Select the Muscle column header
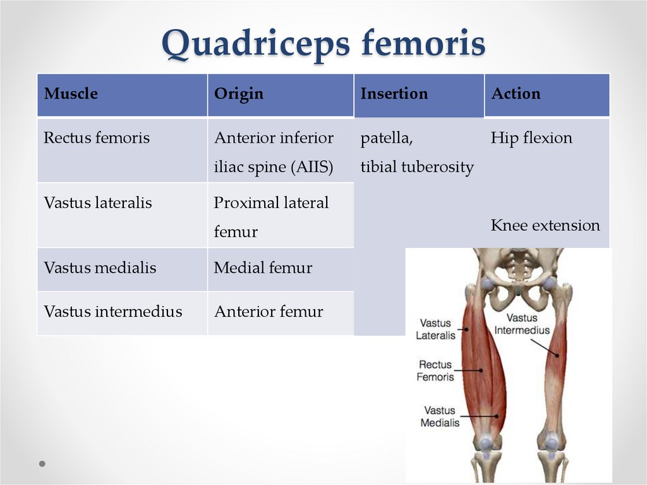(71, 94)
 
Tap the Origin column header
(238, 94)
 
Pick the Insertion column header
(394, 94)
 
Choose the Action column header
(516, 94)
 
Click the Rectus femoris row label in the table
(97, 138)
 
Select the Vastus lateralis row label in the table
(98, 203)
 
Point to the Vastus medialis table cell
(100, 267)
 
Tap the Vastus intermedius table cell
(112, 312)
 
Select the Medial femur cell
(263, 267)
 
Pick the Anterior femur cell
(268, 312)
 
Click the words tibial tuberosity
(417, 168)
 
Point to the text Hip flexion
(531, 138)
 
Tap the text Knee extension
(545, 225)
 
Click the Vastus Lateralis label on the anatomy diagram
(435, 329)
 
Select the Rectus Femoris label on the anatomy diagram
(435, 371)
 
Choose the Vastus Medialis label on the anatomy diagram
(440, 416)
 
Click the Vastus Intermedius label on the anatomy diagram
(522, 324)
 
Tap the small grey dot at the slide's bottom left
(42, 464)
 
